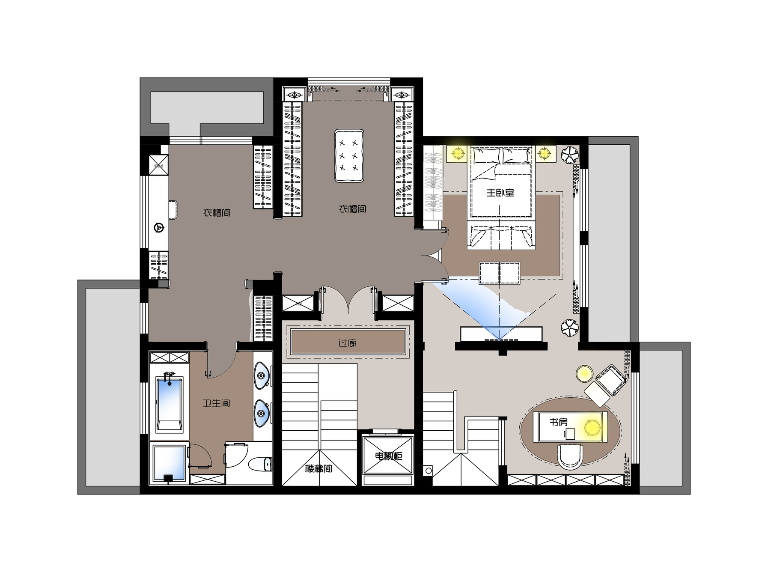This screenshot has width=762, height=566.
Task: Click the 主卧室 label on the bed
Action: pos(500,193)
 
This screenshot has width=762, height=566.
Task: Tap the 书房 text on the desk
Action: pos(559,422)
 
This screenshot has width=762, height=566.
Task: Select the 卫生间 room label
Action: pos(216,403)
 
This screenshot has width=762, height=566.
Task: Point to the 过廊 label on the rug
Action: pos(347,343)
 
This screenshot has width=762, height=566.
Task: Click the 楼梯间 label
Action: pos(318,468)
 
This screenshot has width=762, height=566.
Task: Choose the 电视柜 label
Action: pos(388,456)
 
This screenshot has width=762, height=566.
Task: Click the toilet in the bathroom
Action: pos(260,464)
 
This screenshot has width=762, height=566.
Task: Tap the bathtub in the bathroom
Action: pos(170,403)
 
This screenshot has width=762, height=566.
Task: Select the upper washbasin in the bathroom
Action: pos(262,376)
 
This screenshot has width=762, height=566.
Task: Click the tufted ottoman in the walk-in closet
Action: pos(349,156)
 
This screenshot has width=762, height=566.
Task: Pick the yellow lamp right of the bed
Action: pos(544,153)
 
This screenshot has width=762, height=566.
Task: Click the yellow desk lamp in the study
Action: pos(592,427)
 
